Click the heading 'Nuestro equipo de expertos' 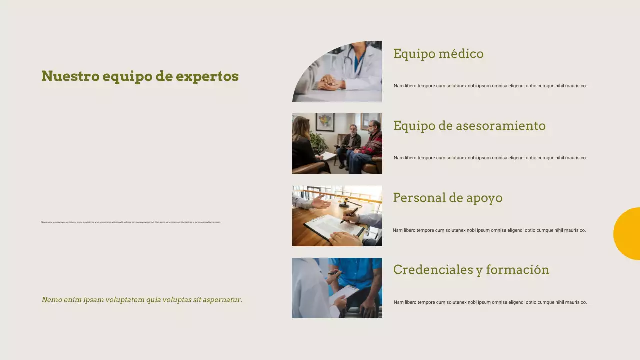(140, 76)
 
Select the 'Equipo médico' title (438, 54)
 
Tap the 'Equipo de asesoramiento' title (469, 126)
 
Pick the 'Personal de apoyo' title (447, 198)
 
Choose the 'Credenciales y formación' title (471, 270)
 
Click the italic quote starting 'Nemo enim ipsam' (142, 300)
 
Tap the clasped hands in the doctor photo (330, 83)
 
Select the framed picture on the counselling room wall (325, 122)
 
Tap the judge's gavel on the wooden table (345, 202)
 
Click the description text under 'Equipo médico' (490, 86)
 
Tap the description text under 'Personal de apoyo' (489, 230)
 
